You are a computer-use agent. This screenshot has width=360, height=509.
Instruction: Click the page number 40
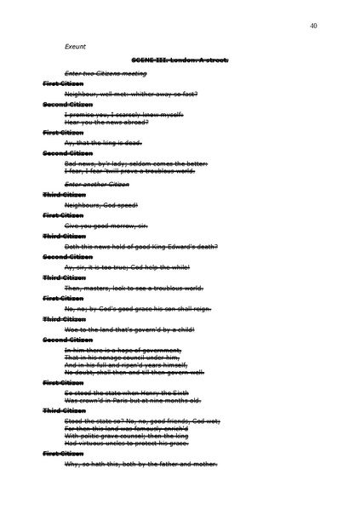tap(314, 26)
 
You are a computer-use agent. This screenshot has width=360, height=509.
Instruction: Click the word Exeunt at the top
tap(75, 46)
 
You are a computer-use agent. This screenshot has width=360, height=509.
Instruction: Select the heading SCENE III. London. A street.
tap(180, 60)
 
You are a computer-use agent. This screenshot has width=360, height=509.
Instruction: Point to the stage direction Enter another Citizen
tap(96, 184)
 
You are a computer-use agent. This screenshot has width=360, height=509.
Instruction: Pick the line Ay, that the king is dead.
tap(103, 143)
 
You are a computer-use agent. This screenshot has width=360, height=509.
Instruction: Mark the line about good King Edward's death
tap(140, 247)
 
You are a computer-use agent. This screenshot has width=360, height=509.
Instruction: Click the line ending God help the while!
tap(133, 267)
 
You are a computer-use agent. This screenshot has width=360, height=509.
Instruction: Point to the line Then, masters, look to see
tap(134, 288)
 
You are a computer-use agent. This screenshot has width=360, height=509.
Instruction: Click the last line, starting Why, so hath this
tap(140, 464)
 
